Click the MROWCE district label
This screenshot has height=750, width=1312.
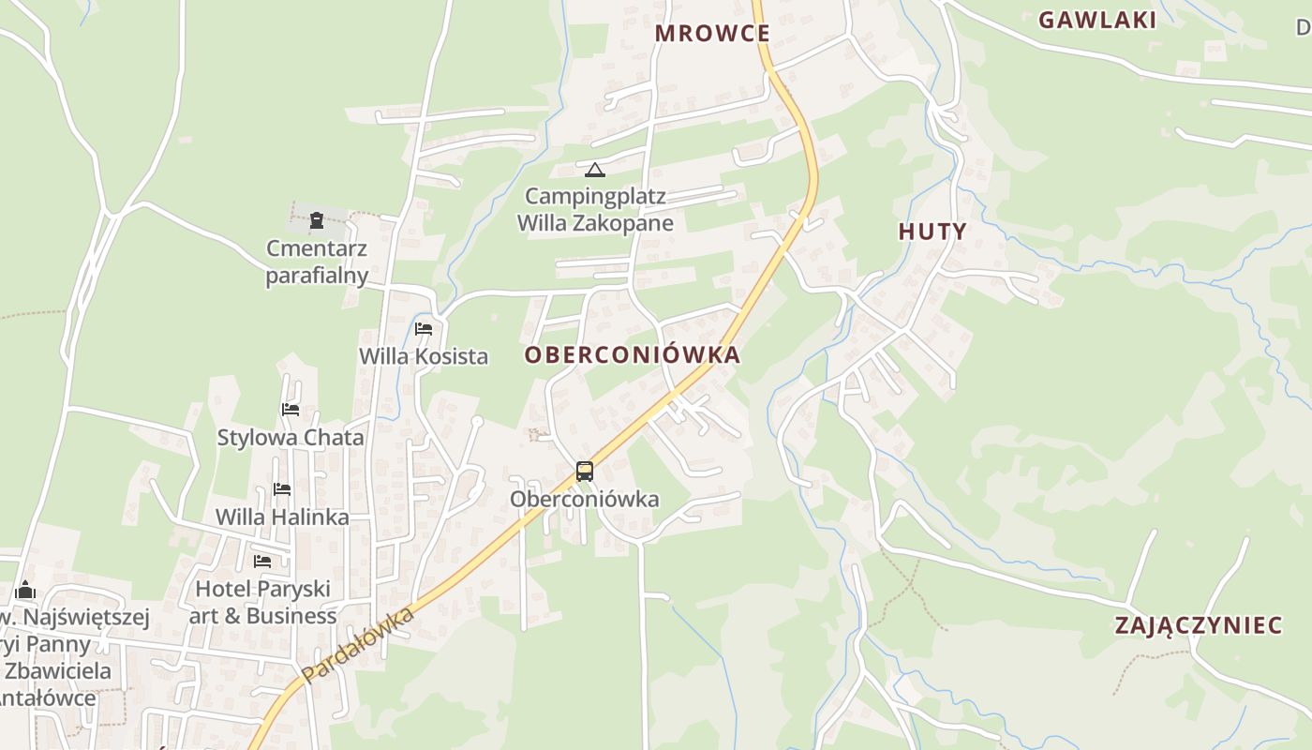(712, 34)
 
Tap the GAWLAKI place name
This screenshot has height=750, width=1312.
(1097, 21)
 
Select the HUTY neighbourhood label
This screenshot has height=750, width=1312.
(932, 232)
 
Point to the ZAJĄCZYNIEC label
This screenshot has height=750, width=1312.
(1199, 625)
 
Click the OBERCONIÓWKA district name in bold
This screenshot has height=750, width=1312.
(633, 355)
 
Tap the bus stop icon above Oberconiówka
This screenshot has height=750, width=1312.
(585, 472)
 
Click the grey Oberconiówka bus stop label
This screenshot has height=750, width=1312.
(585, 500)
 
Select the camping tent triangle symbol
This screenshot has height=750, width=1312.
(595, 171)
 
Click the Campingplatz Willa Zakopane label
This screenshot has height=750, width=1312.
(595, 210)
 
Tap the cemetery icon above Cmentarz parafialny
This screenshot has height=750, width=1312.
(317, 221)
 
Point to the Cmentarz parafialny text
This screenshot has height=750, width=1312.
(317, 262)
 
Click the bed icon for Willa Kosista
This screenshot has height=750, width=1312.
(424, 329)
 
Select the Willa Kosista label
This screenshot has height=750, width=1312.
(424, 356)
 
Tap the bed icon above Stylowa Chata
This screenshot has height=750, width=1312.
(291, 410)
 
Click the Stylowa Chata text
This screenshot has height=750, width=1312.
(291, 438)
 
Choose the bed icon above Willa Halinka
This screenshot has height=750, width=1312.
(282, 489)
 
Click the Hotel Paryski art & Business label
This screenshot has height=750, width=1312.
(262, 603)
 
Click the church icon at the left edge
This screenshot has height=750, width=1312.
(25, 590)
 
